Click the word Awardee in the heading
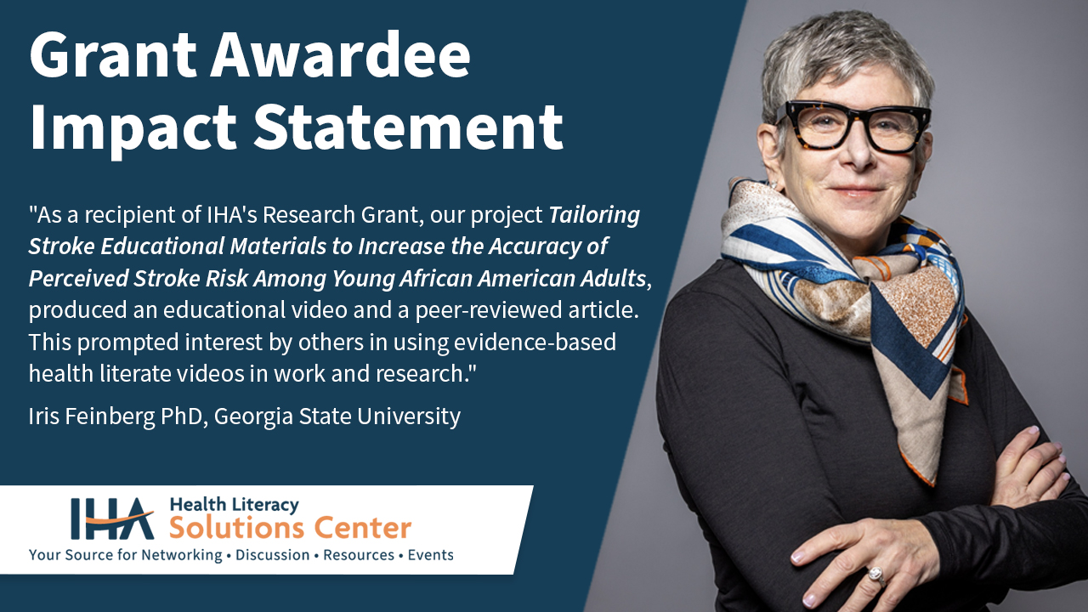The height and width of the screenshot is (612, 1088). point(340,58)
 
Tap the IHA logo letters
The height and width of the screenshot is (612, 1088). point(111,518)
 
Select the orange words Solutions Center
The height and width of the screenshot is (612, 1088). point(290,529)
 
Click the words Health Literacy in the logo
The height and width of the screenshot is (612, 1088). point(234,505)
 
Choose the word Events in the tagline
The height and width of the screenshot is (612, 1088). point(430,555)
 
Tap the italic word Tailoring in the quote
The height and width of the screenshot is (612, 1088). point(594,216)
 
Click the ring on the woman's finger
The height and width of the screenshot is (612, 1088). point(875,575)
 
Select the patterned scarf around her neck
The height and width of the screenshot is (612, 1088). point(850,280)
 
